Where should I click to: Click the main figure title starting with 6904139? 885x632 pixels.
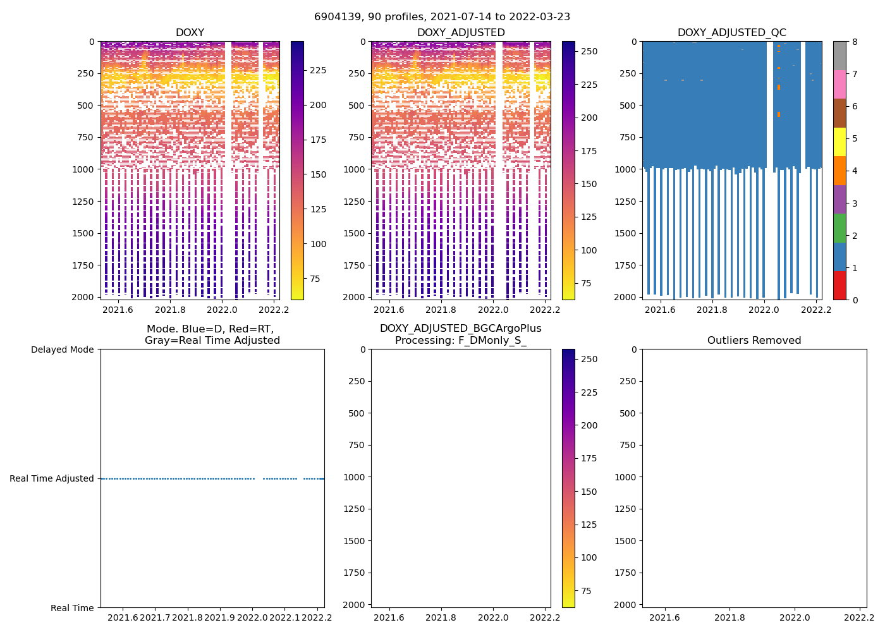pos(442,16)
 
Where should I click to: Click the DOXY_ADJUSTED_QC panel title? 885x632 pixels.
pos(731,33)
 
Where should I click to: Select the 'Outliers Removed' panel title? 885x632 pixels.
pos(754,341)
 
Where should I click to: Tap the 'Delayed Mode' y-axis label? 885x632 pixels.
pos(62,349)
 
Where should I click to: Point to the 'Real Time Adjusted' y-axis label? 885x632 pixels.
pos(51,478)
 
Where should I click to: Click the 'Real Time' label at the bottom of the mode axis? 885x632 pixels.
pos(72,608)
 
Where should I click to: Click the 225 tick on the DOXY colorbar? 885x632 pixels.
pos(318,70)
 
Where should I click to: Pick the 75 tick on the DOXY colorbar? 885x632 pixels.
pos(314,279)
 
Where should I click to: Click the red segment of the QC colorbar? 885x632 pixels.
pos(839,285)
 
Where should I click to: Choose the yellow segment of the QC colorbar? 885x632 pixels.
pos(839,142)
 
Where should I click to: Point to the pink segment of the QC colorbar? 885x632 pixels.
pos(839,84)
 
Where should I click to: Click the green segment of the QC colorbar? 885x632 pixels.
pos(839,228)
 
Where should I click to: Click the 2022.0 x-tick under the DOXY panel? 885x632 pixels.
pos(222,310)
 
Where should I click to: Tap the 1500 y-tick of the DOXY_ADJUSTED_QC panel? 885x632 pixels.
pos(625,233)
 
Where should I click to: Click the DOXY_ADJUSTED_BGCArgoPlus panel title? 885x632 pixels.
pos(460,334)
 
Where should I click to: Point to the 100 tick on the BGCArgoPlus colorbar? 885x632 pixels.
pos(589,557)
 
